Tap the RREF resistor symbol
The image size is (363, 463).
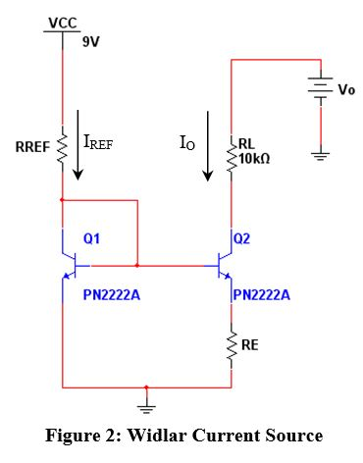pyautogui.click(x=62, y=148)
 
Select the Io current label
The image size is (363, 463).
pyautogui.click(x=189, y=143)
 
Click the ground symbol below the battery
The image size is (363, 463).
pyautogui.click(x=321, y=154)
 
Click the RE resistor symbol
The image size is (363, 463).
pyautogui.click(x=233, y=344)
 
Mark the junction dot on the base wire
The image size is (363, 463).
pyautogui.click(x=136, y=265)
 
